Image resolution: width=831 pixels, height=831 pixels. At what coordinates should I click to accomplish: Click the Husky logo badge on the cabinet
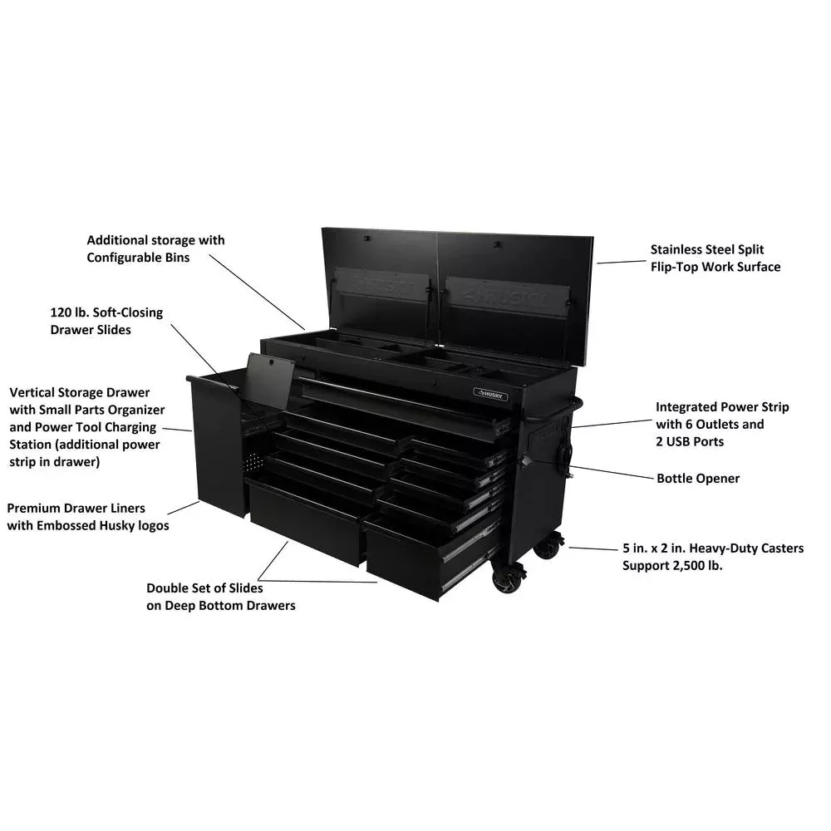pyautogui.click(x=489, y=392)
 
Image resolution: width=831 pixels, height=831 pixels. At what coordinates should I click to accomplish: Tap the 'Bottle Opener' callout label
pyautogui.click(x=698, y=479)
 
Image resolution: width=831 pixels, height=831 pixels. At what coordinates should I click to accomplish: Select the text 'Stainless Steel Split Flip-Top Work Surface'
pyautogui.click(x=715, y=258)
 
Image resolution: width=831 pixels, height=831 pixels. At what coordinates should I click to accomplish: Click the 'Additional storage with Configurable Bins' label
pyautogui.click(x=155, y=248)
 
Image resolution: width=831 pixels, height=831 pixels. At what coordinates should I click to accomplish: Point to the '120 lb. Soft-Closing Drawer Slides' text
pyautogui.click(x=106, y=321)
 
